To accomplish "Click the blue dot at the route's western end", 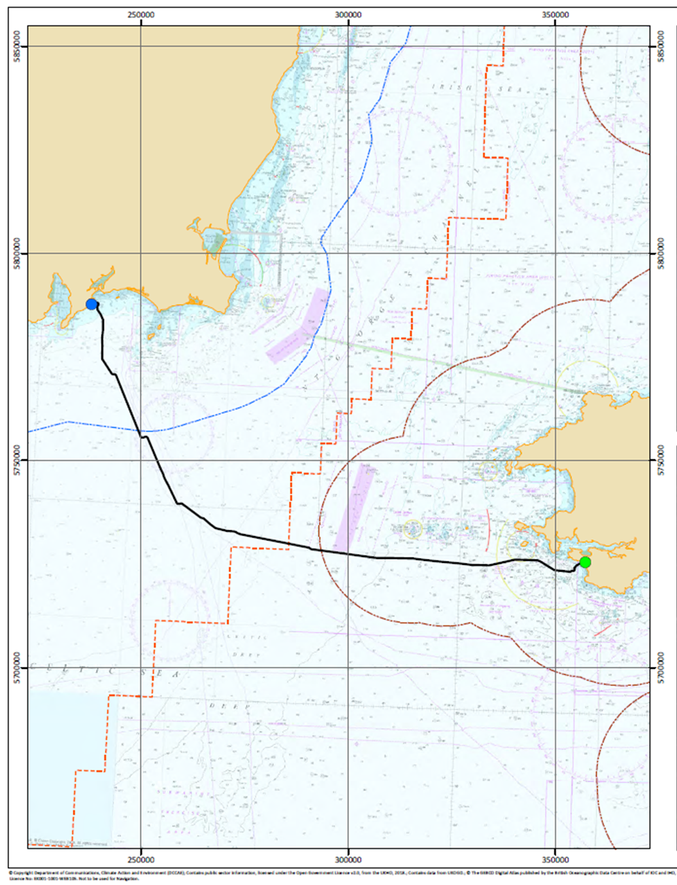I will (x=92, y=304).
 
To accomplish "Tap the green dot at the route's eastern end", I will (x=584, y=562).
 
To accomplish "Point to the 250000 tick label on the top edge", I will (x=141, y=15).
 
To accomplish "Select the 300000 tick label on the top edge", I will (x=348, y=15).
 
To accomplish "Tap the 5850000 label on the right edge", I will (x=661, y=46).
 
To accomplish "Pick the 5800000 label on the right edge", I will (x=661, y=254).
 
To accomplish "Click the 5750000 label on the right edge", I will (x=661, y=460).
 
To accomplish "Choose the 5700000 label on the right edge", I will (x=661, y=667).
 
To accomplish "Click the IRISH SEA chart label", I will (x=452, y=86).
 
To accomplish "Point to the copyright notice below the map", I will (x=338, y=875).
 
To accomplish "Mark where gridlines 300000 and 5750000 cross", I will (x=348, y=460).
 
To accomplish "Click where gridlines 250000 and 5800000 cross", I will (x=141, y=254).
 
